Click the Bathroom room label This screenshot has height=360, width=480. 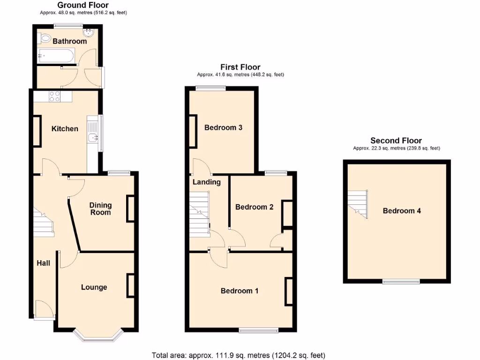click(x=69, y=41)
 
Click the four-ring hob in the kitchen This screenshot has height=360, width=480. click(x=54, y=96)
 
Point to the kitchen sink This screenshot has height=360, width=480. click(x=93, y=137)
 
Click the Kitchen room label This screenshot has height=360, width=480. click(x=65, y=128)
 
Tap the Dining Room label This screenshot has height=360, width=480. click(x=100, y=209)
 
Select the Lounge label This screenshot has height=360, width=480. click(x=94, y=287)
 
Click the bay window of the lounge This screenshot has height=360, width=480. click(x=99, y=335)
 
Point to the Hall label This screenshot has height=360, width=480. click(x=44, y=263)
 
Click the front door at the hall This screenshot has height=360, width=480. click(x=45, y=311)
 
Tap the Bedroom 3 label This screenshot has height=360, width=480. click(x=223, y=127)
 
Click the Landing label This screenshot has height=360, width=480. click(x=206, y=182)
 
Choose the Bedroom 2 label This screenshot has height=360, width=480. click(x=254, y=207)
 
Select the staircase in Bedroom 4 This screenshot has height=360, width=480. click(x=358, y=203)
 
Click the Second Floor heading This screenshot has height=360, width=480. click(x=396, y=140)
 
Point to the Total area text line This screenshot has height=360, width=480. click(x=239, y=355)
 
